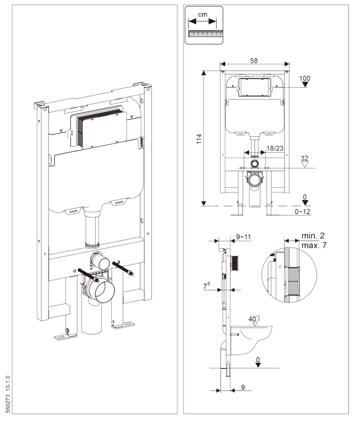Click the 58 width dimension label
click(x=254, y=60)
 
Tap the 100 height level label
click(x=305, y=78)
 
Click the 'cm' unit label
click(x=202, y=14)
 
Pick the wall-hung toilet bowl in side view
click(x=254, y=340)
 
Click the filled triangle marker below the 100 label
click(x=305, y=85)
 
